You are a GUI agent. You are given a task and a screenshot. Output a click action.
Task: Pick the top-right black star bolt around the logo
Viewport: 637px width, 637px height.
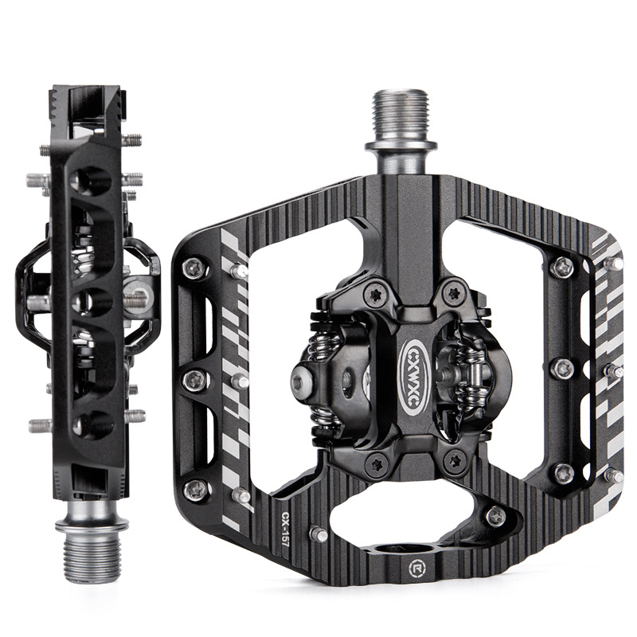pyautogui.click(x=452, y=291)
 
